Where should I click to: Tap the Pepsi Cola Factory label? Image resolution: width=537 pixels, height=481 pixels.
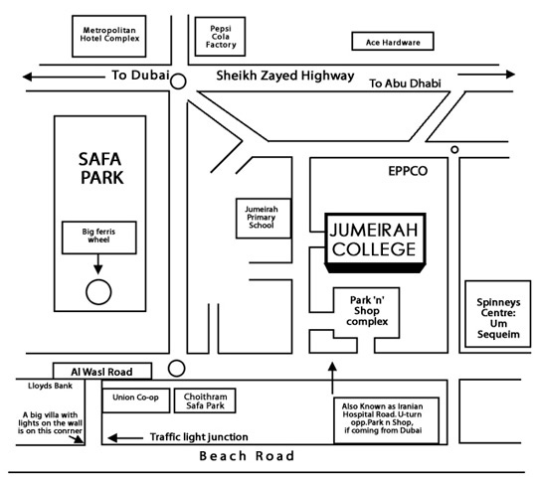pyautogui.click(x=221, y=37)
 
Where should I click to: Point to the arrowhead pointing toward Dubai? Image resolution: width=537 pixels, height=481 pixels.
pyautogui.click(x=28, y=77)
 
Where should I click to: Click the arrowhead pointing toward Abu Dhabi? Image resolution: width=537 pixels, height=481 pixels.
pyautogui.click(x=510, y=74)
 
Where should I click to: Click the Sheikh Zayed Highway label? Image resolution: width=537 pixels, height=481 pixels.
pyautogui.click(x=285, y=76)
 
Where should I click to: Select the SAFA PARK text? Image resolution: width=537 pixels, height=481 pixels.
pyautogui.click(x=101, y=168)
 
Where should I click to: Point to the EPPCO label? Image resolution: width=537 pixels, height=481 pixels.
pyautogui.click(x=408, y=171)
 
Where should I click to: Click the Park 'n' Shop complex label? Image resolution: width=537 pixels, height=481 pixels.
pyautogui.click(x=367, y=311)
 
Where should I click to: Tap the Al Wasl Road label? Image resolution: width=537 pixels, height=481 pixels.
pyautogui.click(x=101, y=372)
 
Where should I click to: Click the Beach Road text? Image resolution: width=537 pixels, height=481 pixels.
pyautogui.click(x=247, y=456)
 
